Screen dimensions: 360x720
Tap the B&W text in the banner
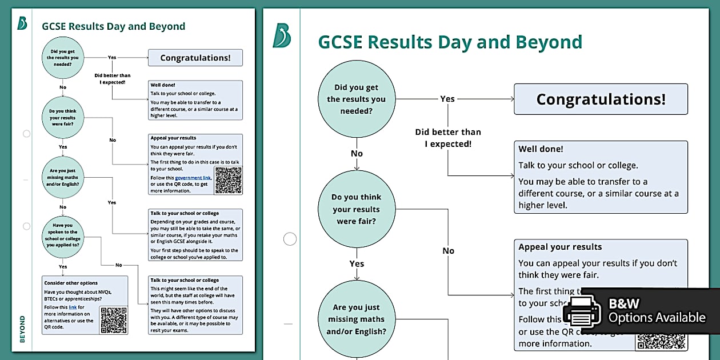point(624,303)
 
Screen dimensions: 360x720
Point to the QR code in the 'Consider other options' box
point(113,320)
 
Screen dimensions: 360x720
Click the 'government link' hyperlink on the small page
point(193,178)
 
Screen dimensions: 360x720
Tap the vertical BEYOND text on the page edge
point(22,329)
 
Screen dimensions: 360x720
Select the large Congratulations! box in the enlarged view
point(601,99)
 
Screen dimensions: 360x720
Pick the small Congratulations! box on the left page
point(195,58)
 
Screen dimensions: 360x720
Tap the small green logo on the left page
point(22,23)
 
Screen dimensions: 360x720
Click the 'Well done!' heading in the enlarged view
point(541,149)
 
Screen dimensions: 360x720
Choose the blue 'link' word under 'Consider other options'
point(73,307)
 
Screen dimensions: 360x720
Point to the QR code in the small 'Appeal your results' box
point(229,180)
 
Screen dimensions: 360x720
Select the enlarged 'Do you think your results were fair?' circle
point(357,209)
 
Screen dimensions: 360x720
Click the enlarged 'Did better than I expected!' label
point(448,138)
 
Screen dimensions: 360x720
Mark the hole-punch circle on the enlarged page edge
point(290,239)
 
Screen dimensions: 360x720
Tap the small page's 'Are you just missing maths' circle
point(63,177)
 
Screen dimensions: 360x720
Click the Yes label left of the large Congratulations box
point(447,99)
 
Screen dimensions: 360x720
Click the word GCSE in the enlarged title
point(340,42)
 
